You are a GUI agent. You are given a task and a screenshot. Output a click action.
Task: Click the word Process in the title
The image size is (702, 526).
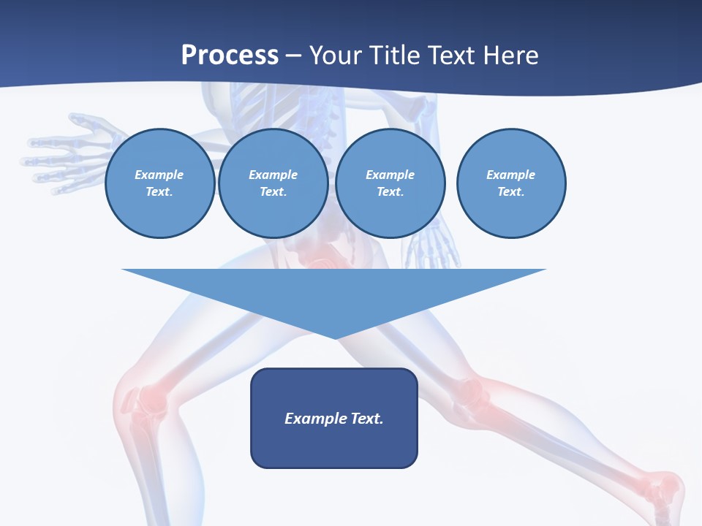coord(230,56)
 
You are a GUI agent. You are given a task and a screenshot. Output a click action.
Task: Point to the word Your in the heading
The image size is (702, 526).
coord(337,56)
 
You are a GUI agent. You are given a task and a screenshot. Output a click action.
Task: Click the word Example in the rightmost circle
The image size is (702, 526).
coord(510,175)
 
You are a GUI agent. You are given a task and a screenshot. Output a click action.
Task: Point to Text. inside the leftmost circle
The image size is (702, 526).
coord(159,192)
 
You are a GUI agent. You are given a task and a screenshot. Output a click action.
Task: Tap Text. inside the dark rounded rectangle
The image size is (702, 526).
coord(367,419)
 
